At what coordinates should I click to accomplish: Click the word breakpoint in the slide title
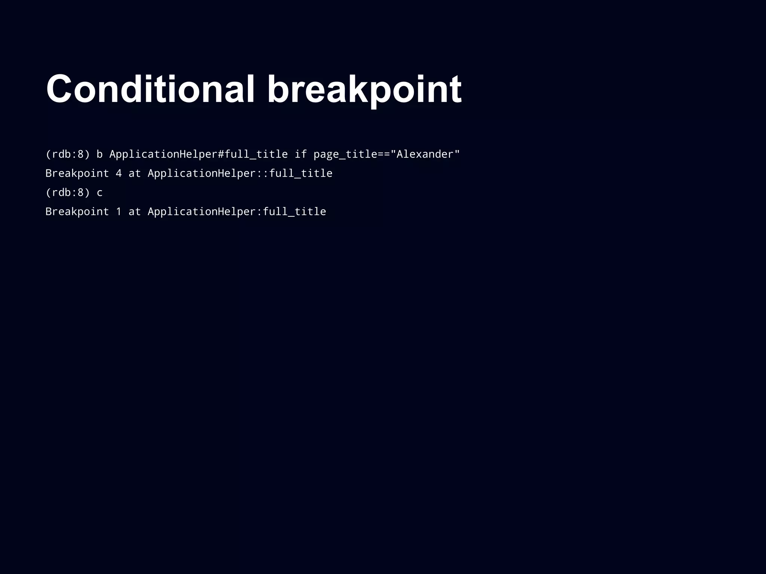(x=364, y=90)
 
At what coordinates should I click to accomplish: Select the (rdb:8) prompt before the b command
(x=68, y=154)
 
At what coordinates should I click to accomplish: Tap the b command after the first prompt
(x=99, y=154)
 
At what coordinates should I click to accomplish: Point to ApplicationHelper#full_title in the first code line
(x=198, y=154)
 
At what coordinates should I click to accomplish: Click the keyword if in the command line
(x=301, y=154)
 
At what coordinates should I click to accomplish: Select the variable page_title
(x=345, y=154)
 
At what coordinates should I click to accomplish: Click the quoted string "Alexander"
(x=425, y=154)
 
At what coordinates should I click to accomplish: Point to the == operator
(x=384, y=154)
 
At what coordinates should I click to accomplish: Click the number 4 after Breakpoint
(x=119, y=173)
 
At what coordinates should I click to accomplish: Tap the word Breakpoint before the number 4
(x=77, y=173)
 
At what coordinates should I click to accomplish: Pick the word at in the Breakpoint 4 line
(x=134, y=173)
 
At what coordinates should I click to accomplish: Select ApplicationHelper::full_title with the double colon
(x=240, y=173)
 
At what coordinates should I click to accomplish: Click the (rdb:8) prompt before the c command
(x=68, y=192)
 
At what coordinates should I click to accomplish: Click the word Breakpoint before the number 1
(x=77, y=212)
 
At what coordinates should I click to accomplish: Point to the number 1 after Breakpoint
(x=119, y=212)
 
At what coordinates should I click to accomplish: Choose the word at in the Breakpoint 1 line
(x=134, y=212)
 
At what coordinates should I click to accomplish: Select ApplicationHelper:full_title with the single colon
(x=237, y=212)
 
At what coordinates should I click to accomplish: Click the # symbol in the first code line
(x=221, y=154)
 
